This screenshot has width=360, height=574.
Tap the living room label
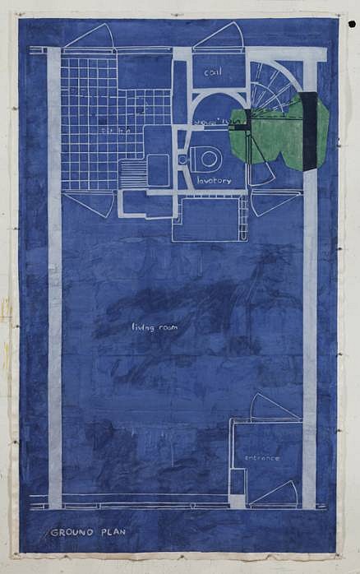coord(155,327)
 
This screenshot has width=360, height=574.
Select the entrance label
coord(261,458)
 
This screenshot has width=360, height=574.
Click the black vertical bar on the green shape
coord(309,132)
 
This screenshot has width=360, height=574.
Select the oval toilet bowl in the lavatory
coord(206,158)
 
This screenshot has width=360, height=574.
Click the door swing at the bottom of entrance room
coord(275,493)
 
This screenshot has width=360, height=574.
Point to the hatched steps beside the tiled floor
coord(132,173)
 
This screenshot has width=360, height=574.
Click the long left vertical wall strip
coord(54,280)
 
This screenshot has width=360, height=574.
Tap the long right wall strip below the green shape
coord(310,329)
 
